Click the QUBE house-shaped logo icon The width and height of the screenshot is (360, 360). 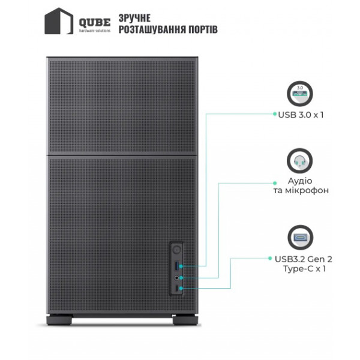tap(59, 21)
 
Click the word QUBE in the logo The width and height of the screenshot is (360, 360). tap(95, 23)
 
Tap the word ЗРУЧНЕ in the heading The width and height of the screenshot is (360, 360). tap(134, 18)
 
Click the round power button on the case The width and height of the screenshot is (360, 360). tap(176, 250)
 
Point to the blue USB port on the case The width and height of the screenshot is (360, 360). tap(177, 266)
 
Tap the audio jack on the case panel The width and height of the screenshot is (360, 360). tap(176, 278)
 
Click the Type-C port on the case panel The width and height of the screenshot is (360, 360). tap(176, 289)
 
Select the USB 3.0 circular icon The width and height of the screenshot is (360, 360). tap(300, 94)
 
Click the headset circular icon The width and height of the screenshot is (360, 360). tap(299, 161)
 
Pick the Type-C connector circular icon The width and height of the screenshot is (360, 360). tap(301, 238)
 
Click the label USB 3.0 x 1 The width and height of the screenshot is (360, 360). tap(301, 115)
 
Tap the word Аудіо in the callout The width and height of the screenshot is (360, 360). tap(300, 181)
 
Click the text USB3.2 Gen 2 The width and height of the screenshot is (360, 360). tap(303, 259)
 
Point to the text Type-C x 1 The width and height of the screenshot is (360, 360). tap(304, 268)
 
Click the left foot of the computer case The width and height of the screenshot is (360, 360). tap(59, 320)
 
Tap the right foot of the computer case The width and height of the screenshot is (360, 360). tap(185, 320)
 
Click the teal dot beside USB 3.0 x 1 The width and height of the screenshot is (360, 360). tap(275, 113)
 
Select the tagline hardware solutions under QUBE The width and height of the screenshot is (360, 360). tap(95, 31)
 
